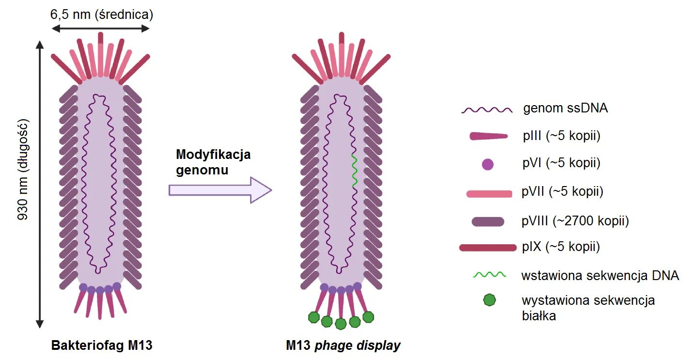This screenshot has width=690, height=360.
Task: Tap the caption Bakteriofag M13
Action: tap(102, 346)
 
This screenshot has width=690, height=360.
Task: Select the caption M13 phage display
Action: tap(344, 346)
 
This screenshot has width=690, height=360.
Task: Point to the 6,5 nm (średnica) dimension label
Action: tap(102, 14)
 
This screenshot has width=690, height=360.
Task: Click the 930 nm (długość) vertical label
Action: tap(23, 170)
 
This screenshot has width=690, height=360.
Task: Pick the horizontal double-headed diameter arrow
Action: tap(100, 29)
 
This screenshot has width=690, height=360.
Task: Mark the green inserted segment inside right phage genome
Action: tap(354, 171)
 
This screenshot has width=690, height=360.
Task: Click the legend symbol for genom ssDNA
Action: tap(486, 110)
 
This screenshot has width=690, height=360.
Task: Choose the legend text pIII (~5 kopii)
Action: tap(562, 136)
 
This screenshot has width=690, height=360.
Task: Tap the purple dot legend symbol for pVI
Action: tap(488, 165)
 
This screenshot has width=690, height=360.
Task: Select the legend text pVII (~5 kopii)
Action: tap(563, 192)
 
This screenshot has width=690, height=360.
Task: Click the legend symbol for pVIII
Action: tap(487, 221)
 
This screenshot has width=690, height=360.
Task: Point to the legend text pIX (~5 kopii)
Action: tap(561, 247)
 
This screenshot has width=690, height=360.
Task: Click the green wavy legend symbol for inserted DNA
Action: tap(489, 275)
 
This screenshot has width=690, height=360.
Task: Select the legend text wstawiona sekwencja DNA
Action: tap(600, 276)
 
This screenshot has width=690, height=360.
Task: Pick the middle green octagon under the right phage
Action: tap(341, 323)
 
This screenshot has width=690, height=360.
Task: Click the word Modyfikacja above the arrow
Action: tap(213, 155)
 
